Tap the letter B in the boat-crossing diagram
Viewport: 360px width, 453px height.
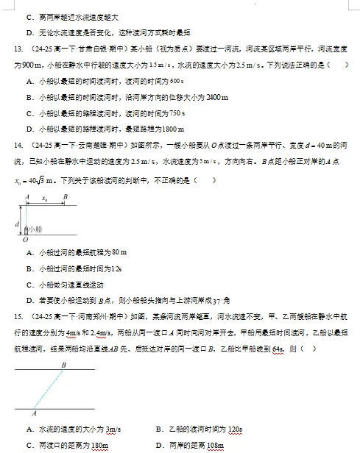[x=66, y=197]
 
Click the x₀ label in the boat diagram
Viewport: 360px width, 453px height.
[x=45, y=199]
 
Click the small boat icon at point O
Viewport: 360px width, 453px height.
[x=27, y=229]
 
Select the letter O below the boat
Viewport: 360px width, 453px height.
[x=26, y=240]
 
